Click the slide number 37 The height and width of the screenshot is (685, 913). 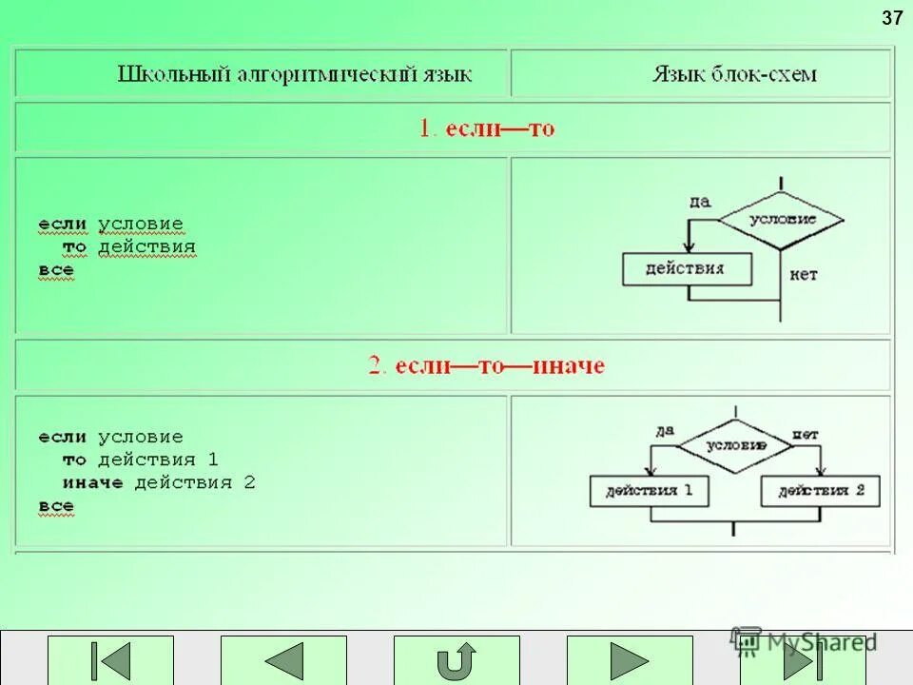click(x=892, y=18)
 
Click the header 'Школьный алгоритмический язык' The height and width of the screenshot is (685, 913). click(x=295, y=74)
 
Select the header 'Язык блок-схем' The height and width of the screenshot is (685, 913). click(x=733, y=74)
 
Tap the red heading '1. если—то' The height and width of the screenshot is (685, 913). click(x=487, y=128)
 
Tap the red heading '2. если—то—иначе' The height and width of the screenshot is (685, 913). click(x=487, y=365)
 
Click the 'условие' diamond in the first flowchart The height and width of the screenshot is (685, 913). click(x=782, y=220)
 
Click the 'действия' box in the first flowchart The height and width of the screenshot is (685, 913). click(x=686, y=269)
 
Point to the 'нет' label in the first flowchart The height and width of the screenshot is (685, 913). click(x=803, y=275)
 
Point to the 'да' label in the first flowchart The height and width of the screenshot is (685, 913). click(x=700, y=201)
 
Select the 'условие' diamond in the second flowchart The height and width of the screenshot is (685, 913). click(x=735, y=445)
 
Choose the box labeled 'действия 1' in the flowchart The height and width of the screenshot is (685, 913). click(x=649, y=491)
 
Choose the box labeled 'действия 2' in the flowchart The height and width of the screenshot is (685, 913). click(x=821, y=491)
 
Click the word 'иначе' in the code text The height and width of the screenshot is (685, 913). click(x=93, y=483)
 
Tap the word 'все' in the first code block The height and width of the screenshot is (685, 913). click(x=56, y=271)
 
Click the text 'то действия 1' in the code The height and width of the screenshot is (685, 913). click(x=141, y=460)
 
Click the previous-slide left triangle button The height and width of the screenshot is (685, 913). click(x=283, y=660)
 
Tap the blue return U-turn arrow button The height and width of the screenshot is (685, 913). click(x=456, y=660)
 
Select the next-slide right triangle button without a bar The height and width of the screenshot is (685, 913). click(x=629, y=660)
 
